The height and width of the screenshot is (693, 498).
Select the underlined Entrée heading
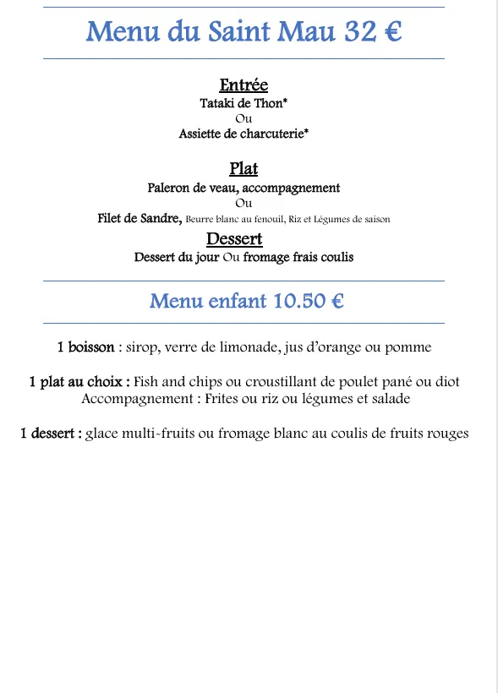click(x=244, y=85)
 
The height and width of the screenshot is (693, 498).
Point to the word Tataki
click(x=219, y=104)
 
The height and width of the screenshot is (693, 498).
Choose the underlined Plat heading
click(x=244, y=169)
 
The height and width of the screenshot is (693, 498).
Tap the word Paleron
click(x=172, y=188)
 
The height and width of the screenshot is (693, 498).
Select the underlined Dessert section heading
click(x=234, y=239)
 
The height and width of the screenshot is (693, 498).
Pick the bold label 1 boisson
click(x=85, y=346)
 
